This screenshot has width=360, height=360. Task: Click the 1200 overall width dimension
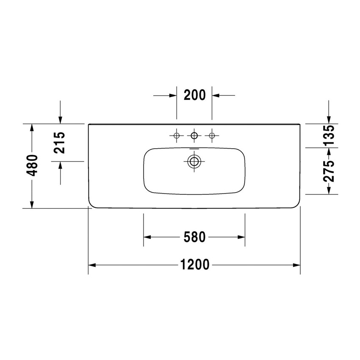tap(194, 265)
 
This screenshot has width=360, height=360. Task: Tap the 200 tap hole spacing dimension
tap(194, 95)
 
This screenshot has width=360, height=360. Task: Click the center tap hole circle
tap(194, 136)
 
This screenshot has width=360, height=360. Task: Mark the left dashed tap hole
tap(177, 136)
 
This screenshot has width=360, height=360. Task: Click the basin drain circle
tap(194, 161)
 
